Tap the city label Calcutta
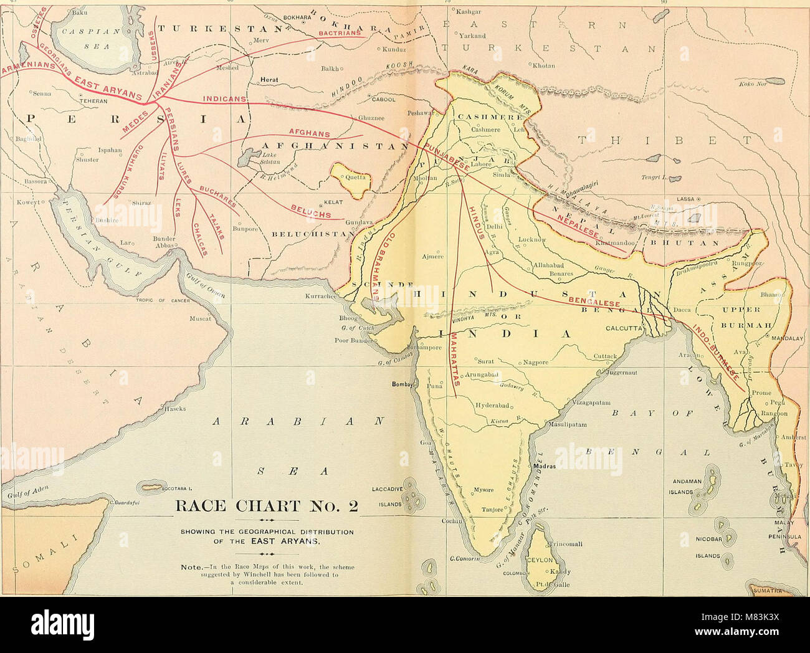(623, 328)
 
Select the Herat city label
(269, 80)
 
